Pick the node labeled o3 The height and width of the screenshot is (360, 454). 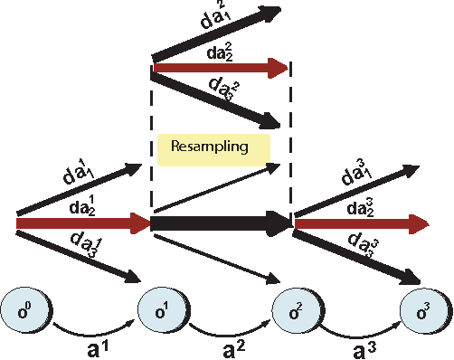coord(423,312)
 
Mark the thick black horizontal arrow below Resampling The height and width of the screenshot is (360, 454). coord(217,221)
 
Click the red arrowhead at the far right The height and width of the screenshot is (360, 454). coord(420,221)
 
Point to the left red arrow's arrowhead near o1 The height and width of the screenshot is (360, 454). coord(140,221)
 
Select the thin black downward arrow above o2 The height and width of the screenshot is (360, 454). coord(217,259)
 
